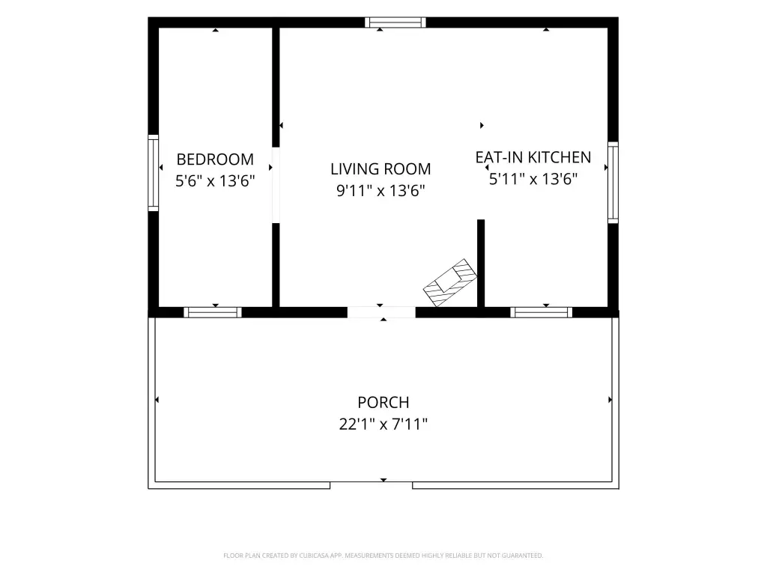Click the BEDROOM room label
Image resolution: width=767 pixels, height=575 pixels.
tap(215, 159)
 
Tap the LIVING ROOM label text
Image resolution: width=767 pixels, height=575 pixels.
tap(381, 169)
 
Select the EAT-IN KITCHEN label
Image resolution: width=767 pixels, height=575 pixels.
tap(533, 157)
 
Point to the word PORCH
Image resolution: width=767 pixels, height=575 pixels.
tap(383, 402)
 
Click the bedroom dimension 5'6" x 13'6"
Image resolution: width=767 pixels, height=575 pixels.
tap(215, 181)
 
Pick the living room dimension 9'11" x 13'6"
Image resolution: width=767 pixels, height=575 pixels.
tap(381, 191)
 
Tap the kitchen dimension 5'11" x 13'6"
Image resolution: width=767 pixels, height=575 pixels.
tap(533, 179)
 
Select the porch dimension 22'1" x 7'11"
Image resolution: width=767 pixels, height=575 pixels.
tap(383, 424)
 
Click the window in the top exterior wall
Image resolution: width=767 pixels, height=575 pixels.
tap(395, 22)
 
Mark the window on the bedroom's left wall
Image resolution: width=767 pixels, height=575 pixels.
tap(153, 173)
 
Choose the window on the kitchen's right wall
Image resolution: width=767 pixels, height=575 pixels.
tap(613, 183)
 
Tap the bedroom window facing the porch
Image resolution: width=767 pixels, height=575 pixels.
tap(213, 312)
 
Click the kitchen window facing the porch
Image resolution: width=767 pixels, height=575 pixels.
tap(541, 312)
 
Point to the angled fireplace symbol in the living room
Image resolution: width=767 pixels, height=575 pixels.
tap(450, 282)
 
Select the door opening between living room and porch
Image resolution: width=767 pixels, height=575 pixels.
tap(381, 312)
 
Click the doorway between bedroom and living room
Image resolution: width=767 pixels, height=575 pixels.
tap(276, 186)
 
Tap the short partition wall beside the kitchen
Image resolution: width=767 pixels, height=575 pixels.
tap(481, 264)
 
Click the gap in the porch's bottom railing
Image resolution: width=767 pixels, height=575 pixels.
tap(372, 485)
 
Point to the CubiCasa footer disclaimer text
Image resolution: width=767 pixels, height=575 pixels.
tap(383, 556)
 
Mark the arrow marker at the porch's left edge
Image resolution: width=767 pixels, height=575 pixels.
tap(157, 400)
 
